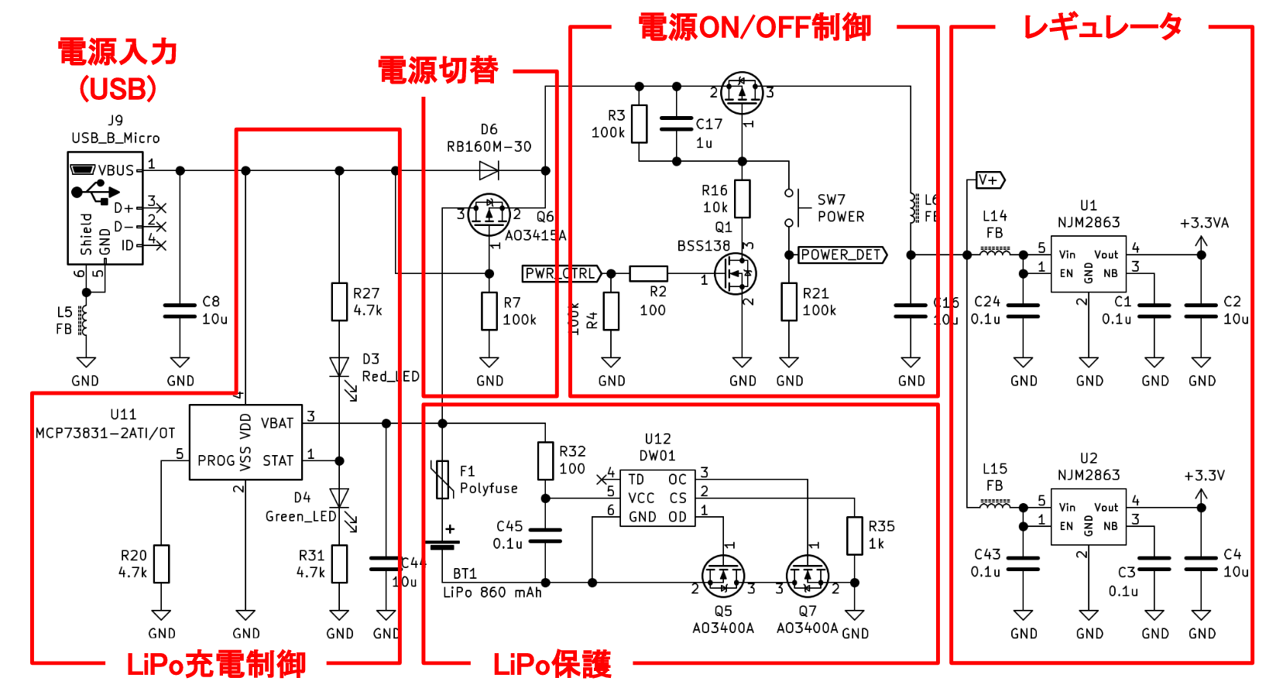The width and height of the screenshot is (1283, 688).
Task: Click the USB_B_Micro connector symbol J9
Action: coord(105,208)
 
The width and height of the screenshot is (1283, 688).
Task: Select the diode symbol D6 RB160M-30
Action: coord(489,170)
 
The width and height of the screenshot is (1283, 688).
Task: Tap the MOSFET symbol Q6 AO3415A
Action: coord(489,215)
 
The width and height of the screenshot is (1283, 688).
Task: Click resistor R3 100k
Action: coord(639,124)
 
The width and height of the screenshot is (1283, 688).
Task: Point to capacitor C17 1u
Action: coord(677,124)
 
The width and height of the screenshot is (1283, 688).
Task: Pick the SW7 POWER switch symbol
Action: coord(790,207)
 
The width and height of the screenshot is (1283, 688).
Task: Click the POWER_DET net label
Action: coord(842,255)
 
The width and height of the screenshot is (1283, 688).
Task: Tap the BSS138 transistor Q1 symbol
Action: coord(735,273)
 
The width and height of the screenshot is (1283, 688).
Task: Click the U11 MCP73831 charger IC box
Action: coord(245,442)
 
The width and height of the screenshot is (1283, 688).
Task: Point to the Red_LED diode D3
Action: coord(339,367)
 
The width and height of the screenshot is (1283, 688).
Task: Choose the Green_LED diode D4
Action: coord(339,498)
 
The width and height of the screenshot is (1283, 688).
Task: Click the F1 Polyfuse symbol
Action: coord(442,480)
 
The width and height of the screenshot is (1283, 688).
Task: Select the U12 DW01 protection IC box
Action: coord(657,498)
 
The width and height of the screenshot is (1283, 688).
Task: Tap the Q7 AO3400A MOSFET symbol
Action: coord(807,576)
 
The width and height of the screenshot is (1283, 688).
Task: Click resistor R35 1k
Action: coord(854,536)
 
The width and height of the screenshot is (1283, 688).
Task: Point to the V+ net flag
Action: coord(990,180)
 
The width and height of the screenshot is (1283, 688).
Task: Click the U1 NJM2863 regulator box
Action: coord(1088,264)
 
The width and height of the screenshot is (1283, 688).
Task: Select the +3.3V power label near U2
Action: coord(1203,476)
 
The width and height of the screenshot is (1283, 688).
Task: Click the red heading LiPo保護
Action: coord(552,664)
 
